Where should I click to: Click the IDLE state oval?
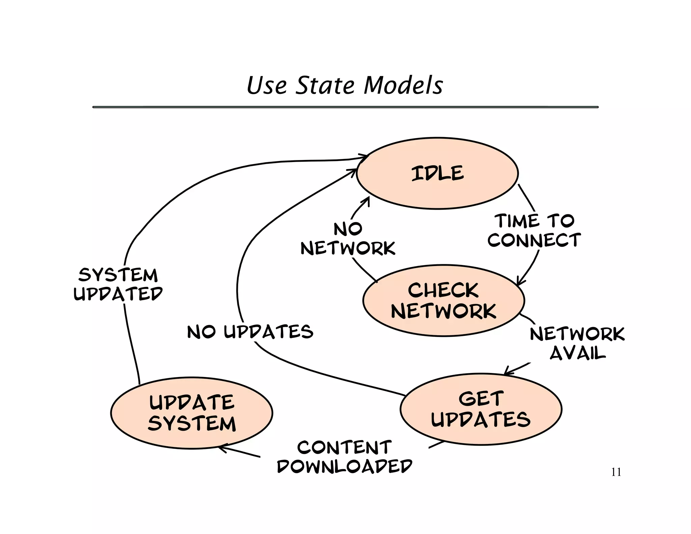point(437,173)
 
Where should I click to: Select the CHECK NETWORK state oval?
point(443,300)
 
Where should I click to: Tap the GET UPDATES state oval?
point(481,409)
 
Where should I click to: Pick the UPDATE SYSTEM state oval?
point(192,413)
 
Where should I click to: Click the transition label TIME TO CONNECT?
point(534,231)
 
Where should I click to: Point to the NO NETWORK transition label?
point(348,239)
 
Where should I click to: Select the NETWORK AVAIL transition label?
point(577,343)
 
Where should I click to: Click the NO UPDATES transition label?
point(250,332)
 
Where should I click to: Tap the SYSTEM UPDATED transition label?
point(118,284)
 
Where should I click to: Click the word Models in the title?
point(403,85)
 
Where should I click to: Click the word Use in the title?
point(267,85)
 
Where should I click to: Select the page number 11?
point(616,472)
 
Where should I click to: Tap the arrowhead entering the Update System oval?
point(221,448)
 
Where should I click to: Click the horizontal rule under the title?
point(345,107)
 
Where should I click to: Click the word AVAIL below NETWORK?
point(578,353)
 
